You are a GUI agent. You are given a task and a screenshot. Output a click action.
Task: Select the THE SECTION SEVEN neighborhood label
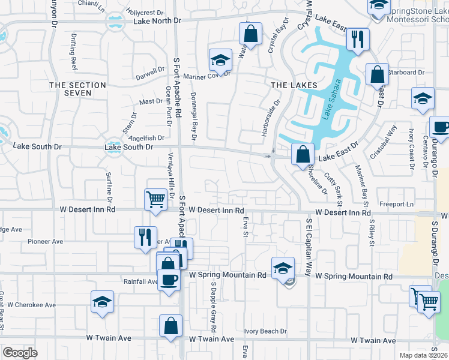point(79,89)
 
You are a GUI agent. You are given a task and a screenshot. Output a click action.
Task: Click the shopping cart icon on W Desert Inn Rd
point(155,199)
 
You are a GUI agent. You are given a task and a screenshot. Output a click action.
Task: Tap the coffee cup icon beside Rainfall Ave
point(169,280)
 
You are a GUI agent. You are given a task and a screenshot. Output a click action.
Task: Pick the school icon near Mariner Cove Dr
point(220,60)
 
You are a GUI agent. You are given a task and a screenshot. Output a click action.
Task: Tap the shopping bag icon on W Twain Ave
point(171,326)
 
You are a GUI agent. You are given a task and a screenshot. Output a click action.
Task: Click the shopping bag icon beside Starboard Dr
point(377,75)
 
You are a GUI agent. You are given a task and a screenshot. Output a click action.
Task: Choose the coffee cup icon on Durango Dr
point(441,127)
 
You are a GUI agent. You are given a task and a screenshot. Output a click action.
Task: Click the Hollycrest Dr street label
point(146,12)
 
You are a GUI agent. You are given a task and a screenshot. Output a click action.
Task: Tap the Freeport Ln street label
point(402,205)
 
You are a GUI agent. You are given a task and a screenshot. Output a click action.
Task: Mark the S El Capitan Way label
point(310,245)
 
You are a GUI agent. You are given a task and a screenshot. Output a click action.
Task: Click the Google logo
point(20,353)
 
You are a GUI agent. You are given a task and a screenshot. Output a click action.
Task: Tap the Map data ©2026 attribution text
point(423,355)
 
